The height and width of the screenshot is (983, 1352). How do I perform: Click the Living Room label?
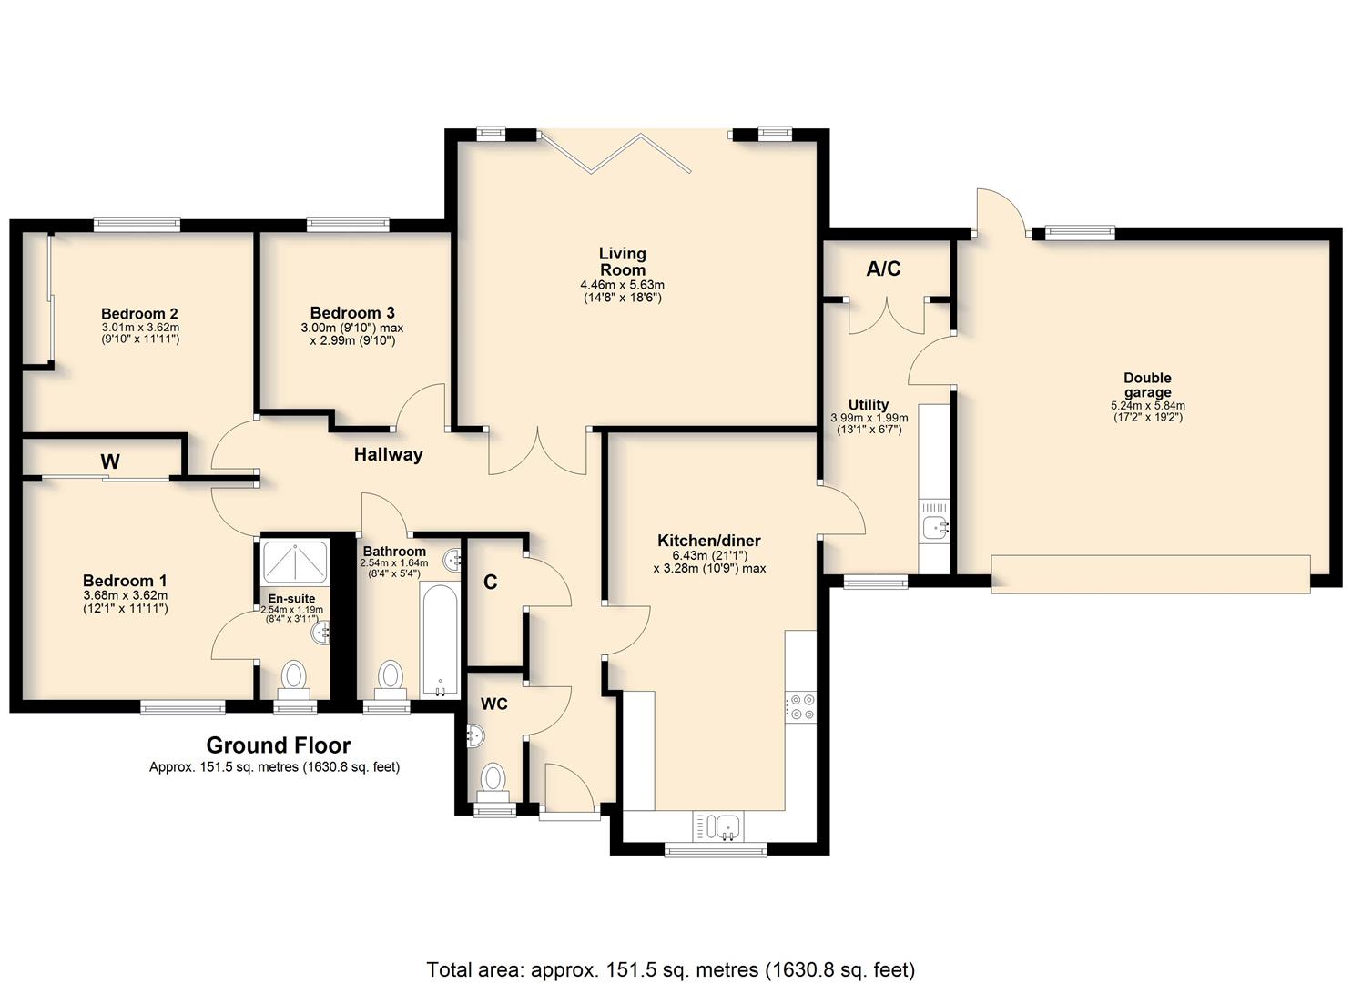[x=622, y=261]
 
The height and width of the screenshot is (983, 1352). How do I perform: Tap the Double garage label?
[x=1147, y=385]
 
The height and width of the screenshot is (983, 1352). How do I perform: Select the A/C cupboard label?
[x=884, y=269]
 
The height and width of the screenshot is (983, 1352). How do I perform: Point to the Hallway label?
[x=388, y=454]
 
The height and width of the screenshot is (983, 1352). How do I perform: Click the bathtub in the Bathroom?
[x=440, y=639]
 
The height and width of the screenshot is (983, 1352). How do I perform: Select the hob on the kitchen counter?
[x=801, y=706]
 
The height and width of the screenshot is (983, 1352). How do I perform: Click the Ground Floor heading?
[x=279, y=745]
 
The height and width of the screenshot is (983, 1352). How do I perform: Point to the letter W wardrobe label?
[x=110, y=461]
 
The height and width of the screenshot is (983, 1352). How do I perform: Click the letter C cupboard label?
[x=490, y=583]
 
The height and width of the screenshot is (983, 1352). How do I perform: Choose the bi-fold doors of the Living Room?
[x=615, y=153]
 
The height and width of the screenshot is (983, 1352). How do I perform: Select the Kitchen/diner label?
[x=709, y=540]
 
